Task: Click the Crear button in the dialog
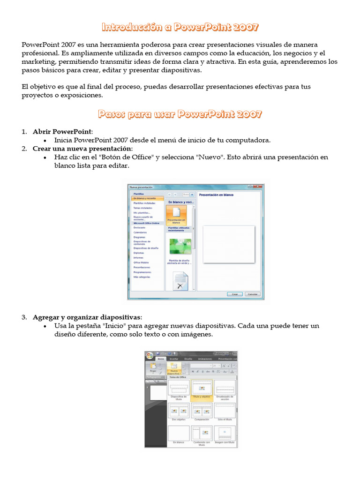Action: click(x=235, y=294)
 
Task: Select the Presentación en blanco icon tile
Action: click(x=176, y=215)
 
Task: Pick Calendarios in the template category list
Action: click(x=140, y=232)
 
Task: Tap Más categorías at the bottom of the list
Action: click(x=142, y=277)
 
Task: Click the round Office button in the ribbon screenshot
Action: click(x=150, y=356)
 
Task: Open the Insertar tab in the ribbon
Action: click(x=174, y=359)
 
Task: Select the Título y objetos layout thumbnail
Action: click(x=202, y=389)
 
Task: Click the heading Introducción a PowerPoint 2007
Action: click(x=180, y=27)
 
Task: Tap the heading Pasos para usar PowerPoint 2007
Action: click(x=180, y=114)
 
